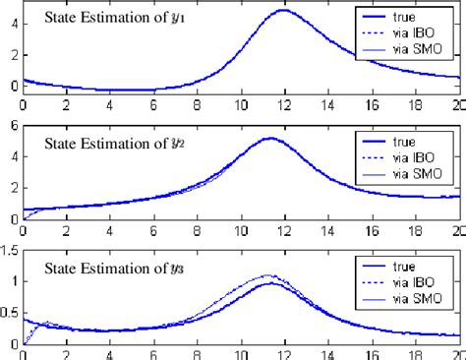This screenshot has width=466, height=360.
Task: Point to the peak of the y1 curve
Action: point(284,11)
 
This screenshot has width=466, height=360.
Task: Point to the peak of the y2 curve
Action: point(269,139)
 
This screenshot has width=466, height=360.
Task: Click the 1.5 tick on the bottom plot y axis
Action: point(10,250)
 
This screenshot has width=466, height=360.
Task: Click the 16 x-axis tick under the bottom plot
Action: point(372,352)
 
